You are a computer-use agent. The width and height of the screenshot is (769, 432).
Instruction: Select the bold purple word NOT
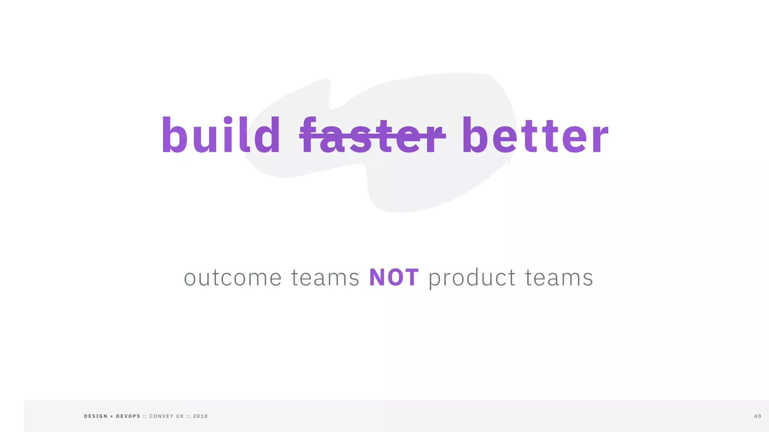(x=394, y=278)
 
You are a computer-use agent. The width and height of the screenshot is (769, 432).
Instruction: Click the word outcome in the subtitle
(x=233, y=278)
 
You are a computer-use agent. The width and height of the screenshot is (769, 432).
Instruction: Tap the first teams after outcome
(x=325, y=278)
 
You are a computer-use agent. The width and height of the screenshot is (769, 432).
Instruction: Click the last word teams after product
(x=559, y=278)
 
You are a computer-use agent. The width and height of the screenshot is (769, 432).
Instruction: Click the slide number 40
(x=758, y=416)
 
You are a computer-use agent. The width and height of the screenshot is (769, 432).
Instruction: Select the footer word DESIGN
(x=96, y=416)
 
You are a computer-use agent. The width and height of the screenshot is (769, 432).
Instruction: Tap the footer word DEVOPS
(x=128, y=416)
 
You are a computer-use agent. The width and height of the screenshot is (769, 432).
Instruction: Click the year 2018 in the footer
(x=201, y=416)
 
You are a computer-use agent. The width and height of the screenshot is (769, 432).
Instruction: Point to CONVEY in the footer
(x=161, y=416)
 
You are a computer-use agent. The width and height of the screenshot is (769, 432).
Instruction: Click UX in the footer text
(x=180, y=416)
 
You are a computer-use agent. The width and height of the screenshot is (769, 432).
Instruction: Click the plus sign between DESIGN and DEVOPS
(x=112, y=416)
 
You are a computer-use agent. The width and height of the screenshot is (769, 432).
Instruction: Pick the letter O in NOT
(x=395, y=278)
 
